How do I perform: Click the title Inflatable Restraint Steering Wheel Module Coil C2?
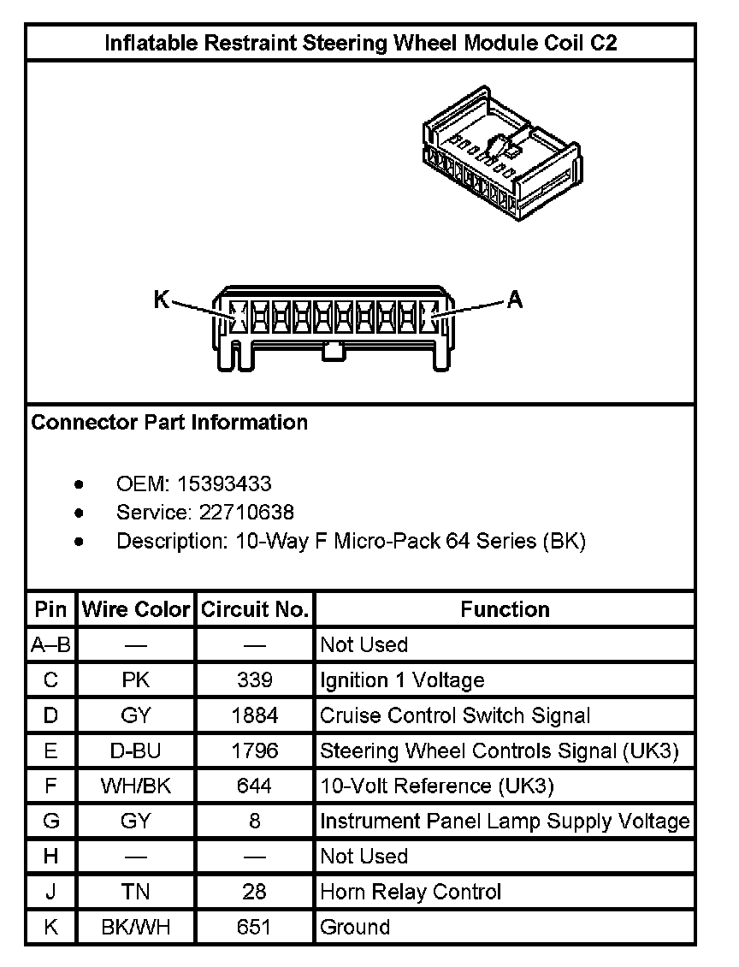coord(360,44)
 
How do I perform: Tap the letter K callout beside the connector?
coord(162,299)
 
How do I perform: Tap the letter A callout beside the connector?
coord(515,299)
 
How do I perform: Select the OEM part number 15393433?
coord(224,484)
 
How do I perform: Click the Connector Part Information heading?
coord(169,422)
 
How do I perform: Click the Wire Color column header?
coord(135,609)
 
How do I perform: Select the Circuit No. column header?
coord(254,609)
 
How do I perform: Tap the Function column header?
coord(505,609)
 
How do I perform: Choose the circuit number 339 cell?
coord(254,680)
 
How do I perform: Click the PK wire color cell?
coord(135,680)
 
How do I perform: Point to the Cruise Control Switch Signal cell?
coord(454,715)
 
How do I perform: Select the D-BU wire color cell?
coord(135,750)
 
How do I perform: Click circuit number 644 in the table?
coord(254,786)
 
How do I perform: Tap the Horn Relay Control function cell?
coord(410,892)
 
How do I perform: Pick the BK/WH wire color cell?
coord(135,927)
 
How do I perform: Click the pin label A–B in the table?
coord(50,644)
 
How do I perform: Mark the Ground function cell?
coord(355,927)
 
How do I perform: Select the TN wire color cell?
coord(135,892)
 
